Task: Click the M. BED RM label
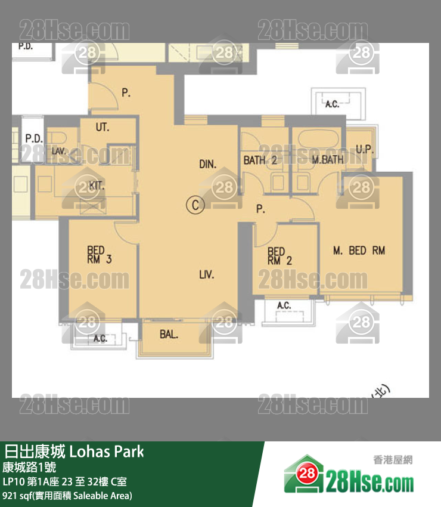tap(359, 251)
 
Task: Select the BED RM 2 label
tap(276, 256)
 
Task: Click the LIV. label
tap(206, 274)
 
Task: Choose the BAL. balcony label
tap(169, 335)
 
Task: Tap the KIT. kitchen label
tap(97, 186)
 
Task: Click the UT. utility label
tap(103, 126)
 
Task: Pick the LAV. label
tap(58, 152)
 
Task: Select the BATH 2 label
tap(260, 160)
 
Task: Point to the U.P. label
tap(364, 150)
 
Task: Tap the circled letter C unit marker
tap(195, 205)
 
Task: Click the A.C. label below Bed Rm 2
tap(284, 305)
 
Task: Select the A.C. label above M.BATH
tap(332, 104)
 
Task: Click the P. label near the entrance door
tap(126, 92)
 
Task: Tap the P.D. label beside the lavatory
tap(33, 138)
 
